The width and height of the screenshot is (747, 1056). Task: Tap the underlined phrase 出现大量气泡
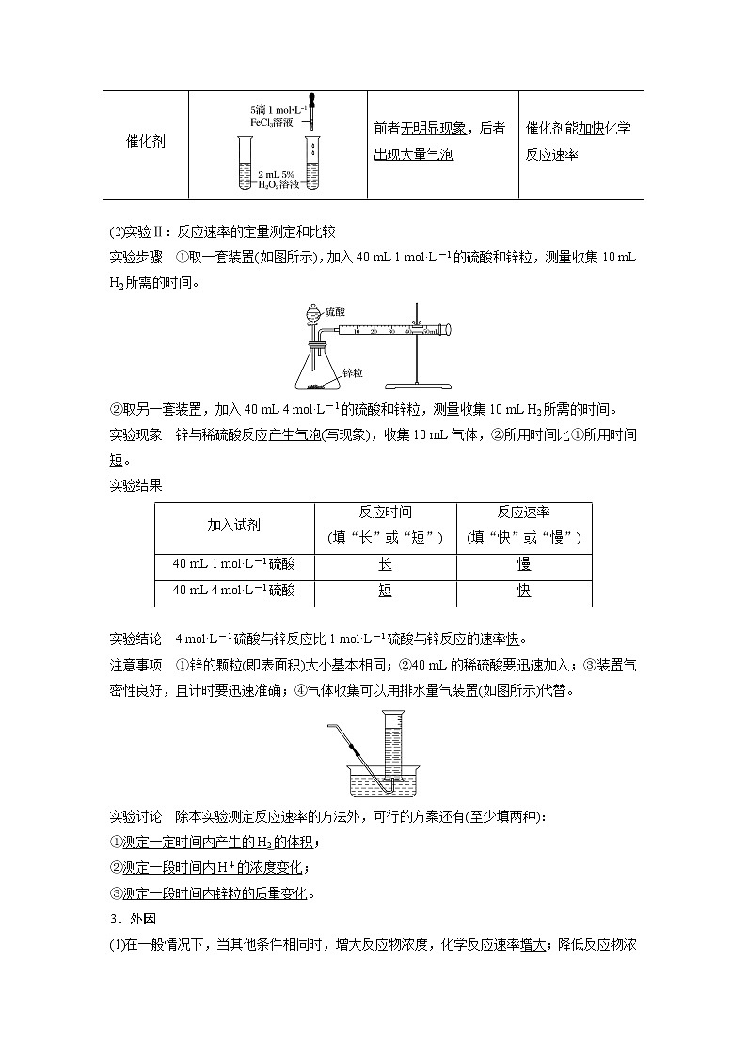coord(414,154)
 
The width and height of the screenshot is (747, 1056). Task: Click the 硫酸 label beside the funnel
coord(336,310)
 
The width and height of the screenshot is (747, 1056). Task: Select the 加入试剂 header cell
coord(233,527)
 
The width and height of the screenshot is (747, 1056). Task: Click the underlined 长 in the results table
coord(385,564)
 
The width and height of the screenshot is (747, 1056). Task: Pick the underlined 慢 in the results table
coord(524,564)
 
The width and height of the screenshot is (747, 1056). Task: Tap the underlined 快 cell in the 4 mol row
coord(524,591)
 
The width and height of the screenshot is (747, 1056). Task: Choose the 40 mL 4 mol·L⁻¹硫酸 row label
coord(233,591)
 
